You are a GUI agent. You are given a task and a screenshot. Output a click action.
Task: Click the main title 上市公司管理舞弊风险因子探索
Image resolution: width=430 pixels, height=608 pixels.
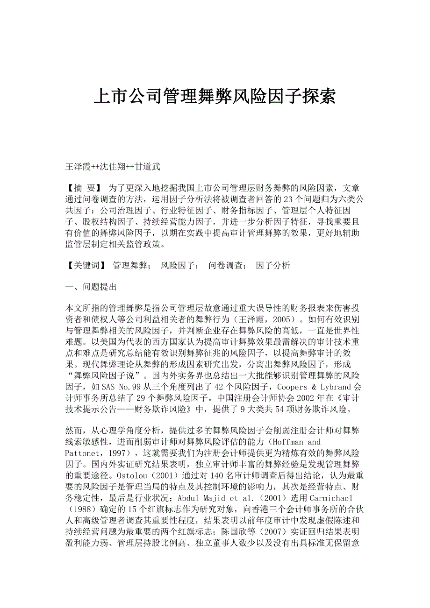point(215,97)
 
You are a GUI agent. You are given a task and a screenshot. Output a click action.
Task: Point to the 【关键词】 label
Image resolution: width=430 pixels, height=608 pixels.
point(87,266)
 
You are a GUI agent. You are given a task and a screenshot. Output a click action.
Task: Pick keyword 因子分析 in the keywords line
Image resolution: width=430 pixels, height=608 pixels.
point(273,266)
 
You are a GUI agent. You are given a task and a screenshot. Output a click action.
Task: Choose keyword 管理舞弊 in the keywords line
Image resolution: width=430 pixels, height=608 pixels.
point(129,266)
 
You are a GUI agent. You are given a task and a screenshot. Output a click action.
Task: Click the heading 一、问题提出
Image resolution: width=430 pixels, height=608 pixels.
point(91,287)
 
